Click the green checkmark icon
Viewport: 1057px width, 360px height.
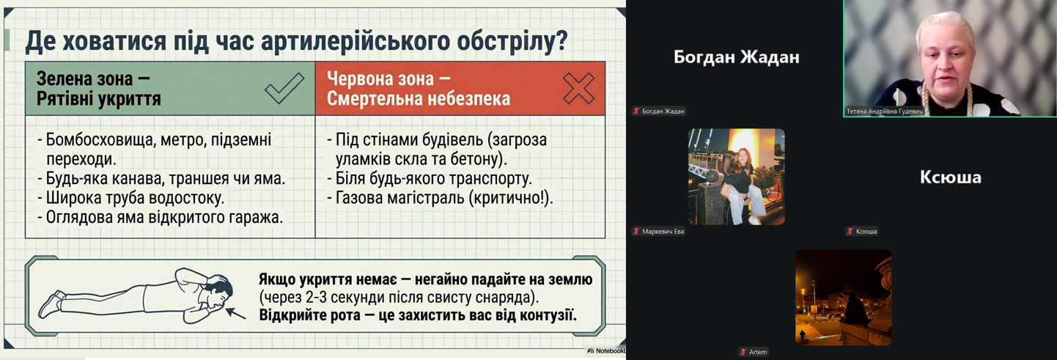click(284, 88)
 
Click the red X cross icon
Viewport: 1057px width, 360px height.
click(578, 88)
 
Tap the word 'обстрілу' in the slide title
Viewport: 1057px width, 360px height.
click(512, 41)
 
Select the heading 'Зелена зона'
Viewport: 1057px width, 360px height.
click(84, 78)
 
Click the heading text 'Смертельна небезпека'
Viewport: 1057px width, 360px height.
click(419, 98)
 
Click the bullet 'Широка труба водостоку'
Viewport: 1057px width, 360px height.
click(134, 198)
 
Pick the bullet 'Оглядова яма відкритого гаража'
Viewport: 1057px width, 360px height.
click(163, 218)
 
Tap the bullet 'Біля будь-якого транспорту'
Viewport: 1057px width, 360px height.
click(433, 178)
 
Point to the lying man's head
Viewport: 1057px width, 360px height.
click(218, 292)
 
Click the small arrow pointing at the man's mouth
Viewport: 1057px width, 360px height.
click(235, 313)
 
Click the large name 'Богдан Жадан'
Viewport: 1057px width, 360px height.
click(736, 57)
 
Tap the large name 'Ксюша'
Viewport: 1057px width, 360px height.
click(951, 177)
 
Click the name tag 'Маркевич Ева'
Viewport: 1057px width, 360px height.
click(663, 231)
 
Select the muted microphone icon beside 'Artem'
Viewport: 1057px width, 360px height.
click(743, 351)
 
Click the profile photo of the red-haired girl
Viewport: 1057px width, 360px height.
click(736, 177)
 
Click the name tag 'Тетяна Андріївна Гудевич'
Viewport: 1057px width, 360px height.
click(884, 111)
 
